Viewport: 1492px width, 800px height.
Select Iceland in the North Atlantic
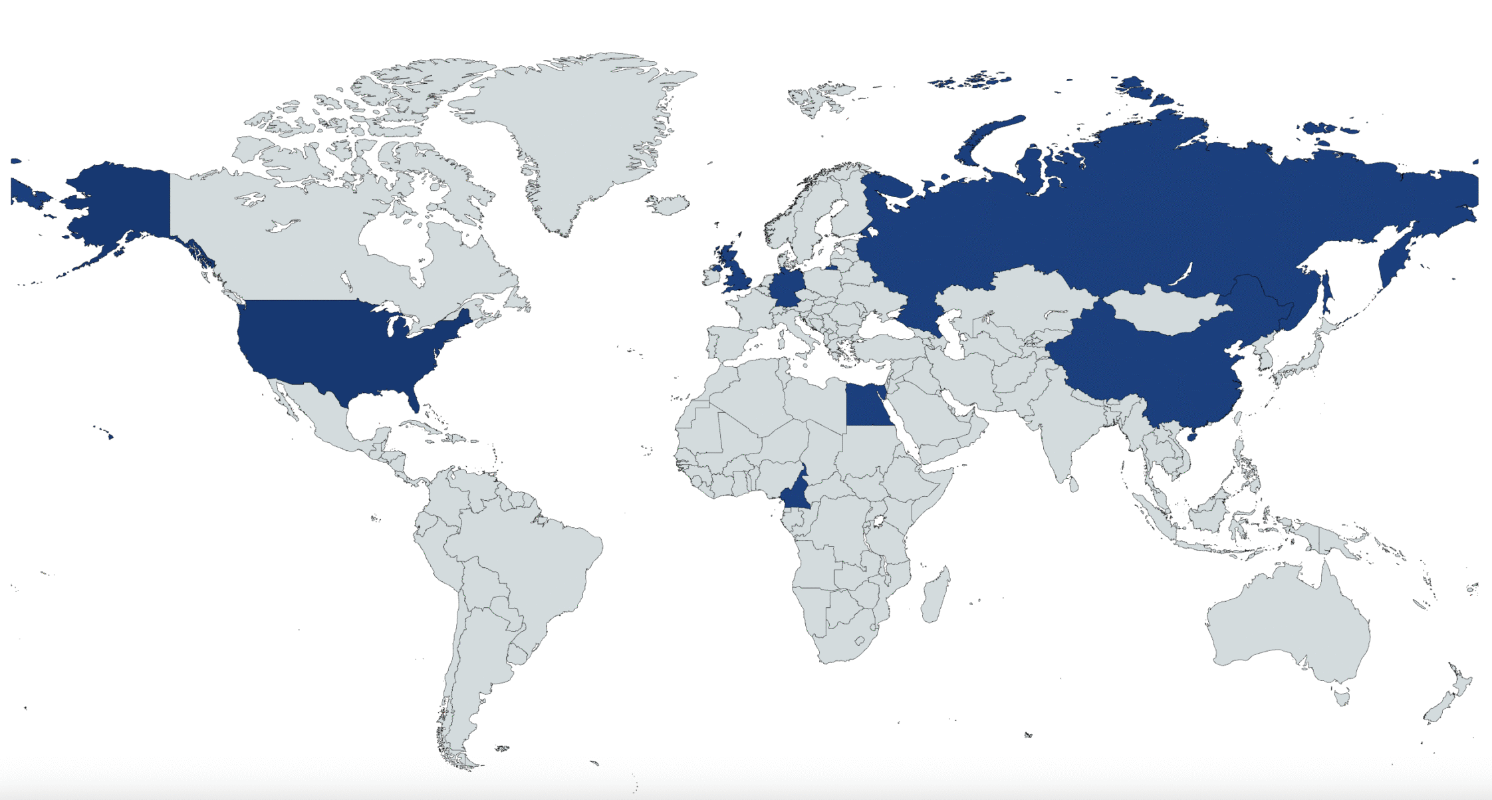coord(669,205)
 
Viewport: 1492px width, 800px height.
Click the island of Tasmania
coord(1342,698)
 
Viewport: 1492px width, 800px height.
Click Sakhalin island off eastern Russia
coord(1325,293)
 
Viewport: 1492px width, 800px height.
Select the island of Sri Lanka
coord(1073,485)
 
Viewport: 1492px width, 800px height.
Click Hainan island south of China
coord(1191,437)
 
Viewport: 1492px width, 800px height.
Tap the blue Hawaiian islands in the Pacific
coord(110,436)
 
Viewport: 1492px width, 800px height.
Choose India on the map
coord(1064,426)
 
